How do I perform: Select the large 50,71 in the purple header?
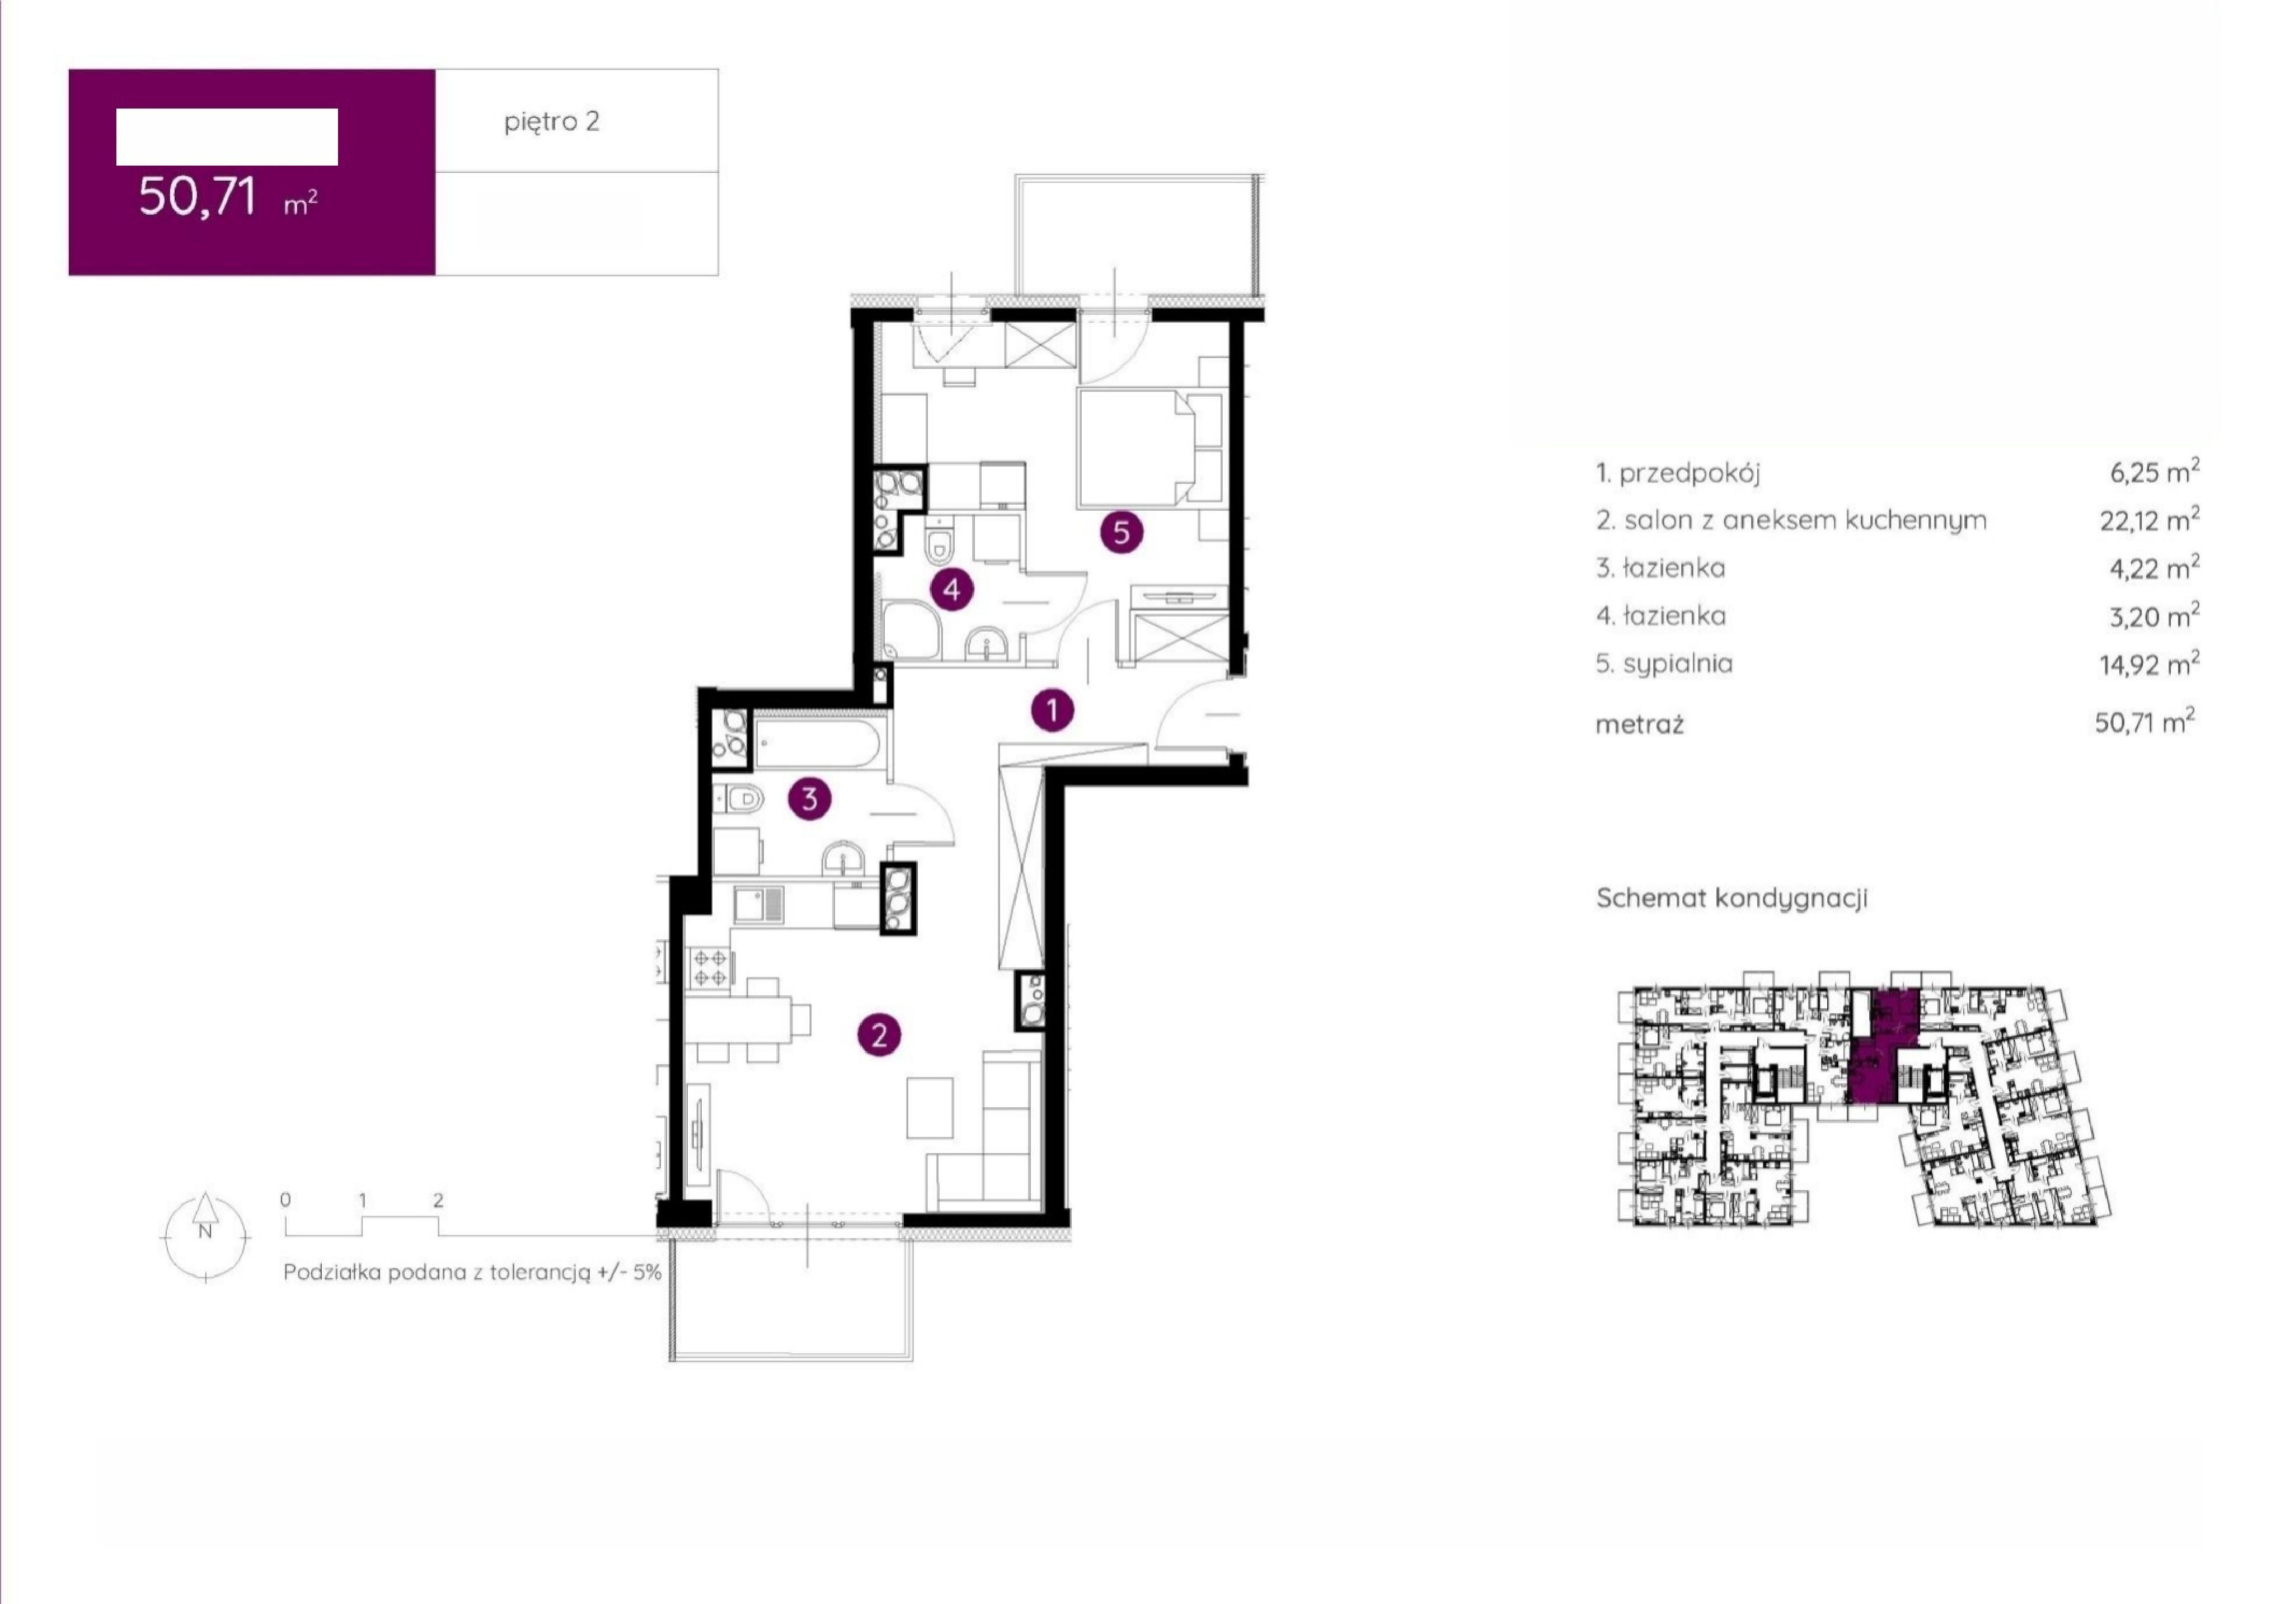(x=198, y=196)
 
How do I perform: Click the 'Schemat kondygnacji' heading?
(x=1732, y=898)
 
